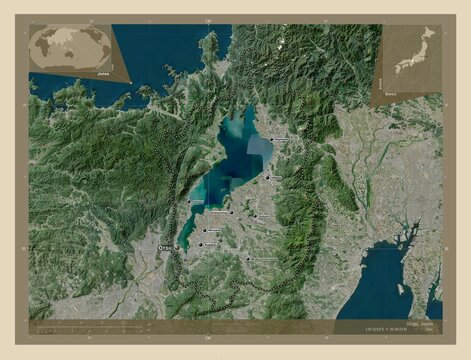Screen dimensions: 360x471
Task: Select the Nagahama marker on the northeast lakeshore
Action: tap(271, 139)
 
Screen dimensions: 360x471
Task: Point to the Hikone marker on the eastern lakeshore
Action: tap(267, 177)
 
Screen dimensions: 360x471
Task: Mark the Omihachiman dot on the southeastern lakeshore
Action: tap(232, 211)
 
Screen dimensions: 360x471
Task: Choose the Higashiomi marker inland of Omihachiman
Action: tap(255, 214)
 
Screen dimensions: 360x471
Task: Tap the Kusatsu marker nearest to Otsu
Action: tap(200, 243)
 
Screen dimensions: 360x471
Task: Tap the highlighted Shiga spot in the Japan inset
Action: tap(404, 70)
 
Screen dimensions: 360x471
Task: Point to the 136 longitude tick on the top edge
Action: tap(207, 19)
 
